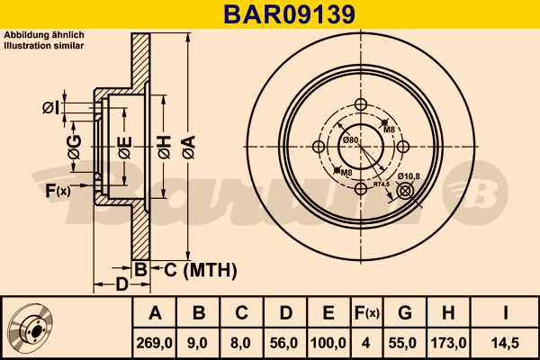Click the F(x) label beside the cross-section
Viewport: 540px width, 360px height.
58,190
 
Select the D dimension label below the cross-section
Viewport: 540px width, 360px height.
121,285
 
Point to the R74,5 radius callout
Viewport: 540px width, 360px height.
382,184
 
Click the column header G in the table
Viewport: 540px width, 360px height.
405,312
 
